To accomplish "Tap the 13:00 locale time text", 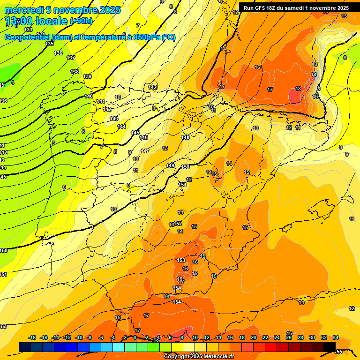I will (x=36, y=21).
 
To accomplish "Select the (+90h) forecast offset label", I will (x=82, y=21).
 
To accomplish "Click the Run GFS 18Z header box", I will (x=295, y=7).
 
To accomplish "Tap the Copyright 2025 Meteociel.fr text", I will (x=199, y=356).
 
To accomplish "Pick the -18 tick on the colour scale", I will (x=32, y=337).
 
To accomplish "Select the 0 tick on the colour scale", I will (x=135, y=337).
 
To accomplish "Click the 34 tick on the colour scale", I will (x=336, y=337).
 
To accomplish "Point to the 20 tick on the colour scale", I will (x=254, y=337).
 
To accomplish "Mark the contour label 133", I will (x=29, y=30).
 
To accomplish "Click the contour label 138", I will (x=75, y=72).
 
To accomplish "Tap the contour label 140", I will (x=89, y=96).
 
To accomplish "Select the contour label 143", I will (x=114, y=119).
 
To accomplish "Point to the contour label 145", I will (x=135, y=133).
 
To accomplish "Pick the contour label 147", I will (x=145, y=151).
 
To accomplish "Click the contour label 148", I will (x=186, y=137).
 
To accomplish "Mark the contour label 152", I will (x=178, y=224).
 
